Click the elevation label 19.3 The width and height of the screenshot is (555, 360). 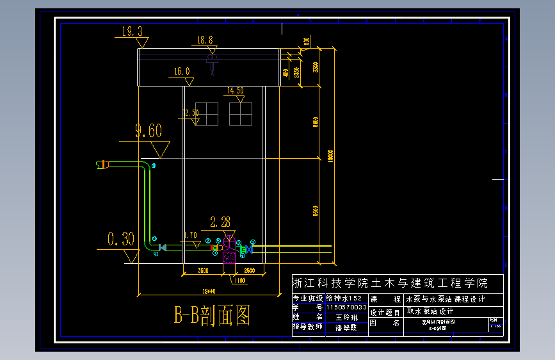click(x=132, y=31)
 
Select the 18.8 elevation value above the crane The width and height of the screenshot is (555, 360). click(x=205, y=40)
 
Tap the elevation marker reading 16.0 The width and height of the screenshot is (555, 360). click(x=182, y=72)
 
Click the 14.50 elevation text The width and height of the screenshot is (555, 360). click(x=236, y=91)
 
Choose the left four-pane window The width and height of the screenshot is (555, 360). click(x=206, y=114)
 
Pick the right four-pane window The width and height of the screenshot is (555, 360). click(x=240, y=114)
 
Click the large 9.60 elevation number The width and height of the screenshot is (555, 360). click(x=149, y=131)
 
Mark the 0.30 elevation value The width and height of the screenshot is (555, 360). click(x=121, y=240)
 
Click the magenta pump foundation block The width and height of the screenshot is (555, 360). click(x=228, y=258)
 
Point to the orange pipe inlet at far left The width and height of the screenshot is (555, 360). click(x=101, y=165)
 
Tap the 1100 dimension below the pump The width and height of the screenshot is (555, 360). click(x=239, y=281)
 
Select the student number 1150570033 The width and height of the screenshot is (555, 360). click(x=346, y=307)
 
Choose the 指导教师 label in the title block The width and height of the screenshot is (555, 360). click(x=308, y=327)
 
